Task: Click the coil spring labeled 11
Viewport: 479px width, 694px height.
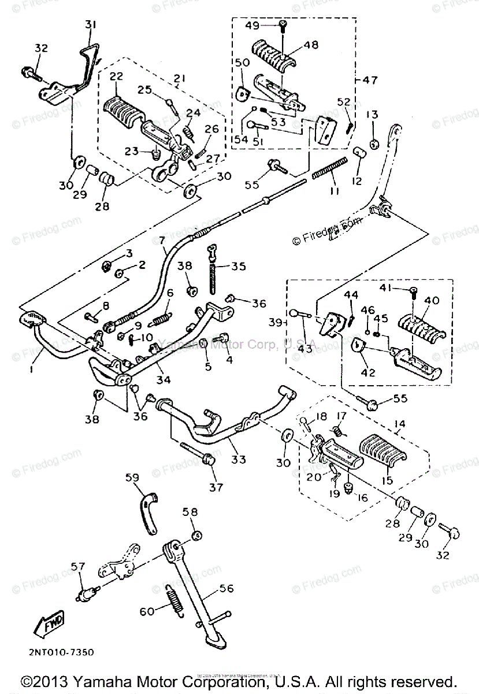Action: tap(329, 168)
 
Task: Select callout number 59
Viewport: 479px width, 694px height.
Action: tap(132, 478)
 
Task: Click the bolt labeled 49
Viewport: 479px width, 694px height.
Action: tap(283, 24)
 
